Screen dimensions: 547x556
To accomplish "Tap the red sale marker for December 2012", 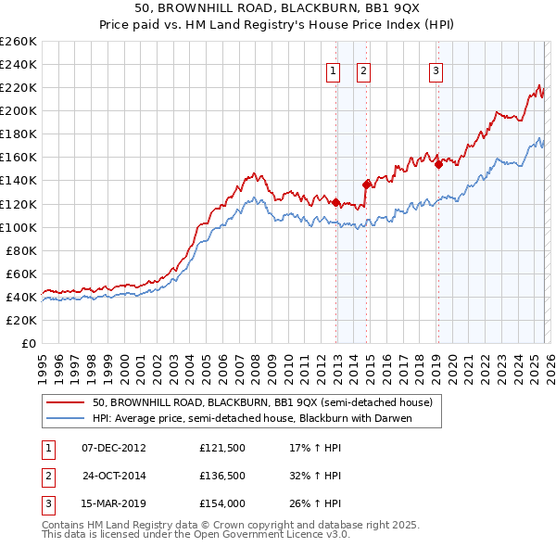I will pos(335,200).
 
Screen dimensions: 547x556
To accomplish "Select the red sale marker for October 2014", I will pos(367,184).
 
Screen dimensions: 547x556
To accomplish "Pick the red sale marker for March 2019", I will pos(438,164).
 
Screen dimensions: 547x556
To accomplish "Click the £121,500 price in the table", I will pos(221,448).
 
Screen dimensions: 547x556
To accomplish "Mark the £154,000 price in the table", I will pos(221,505).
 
